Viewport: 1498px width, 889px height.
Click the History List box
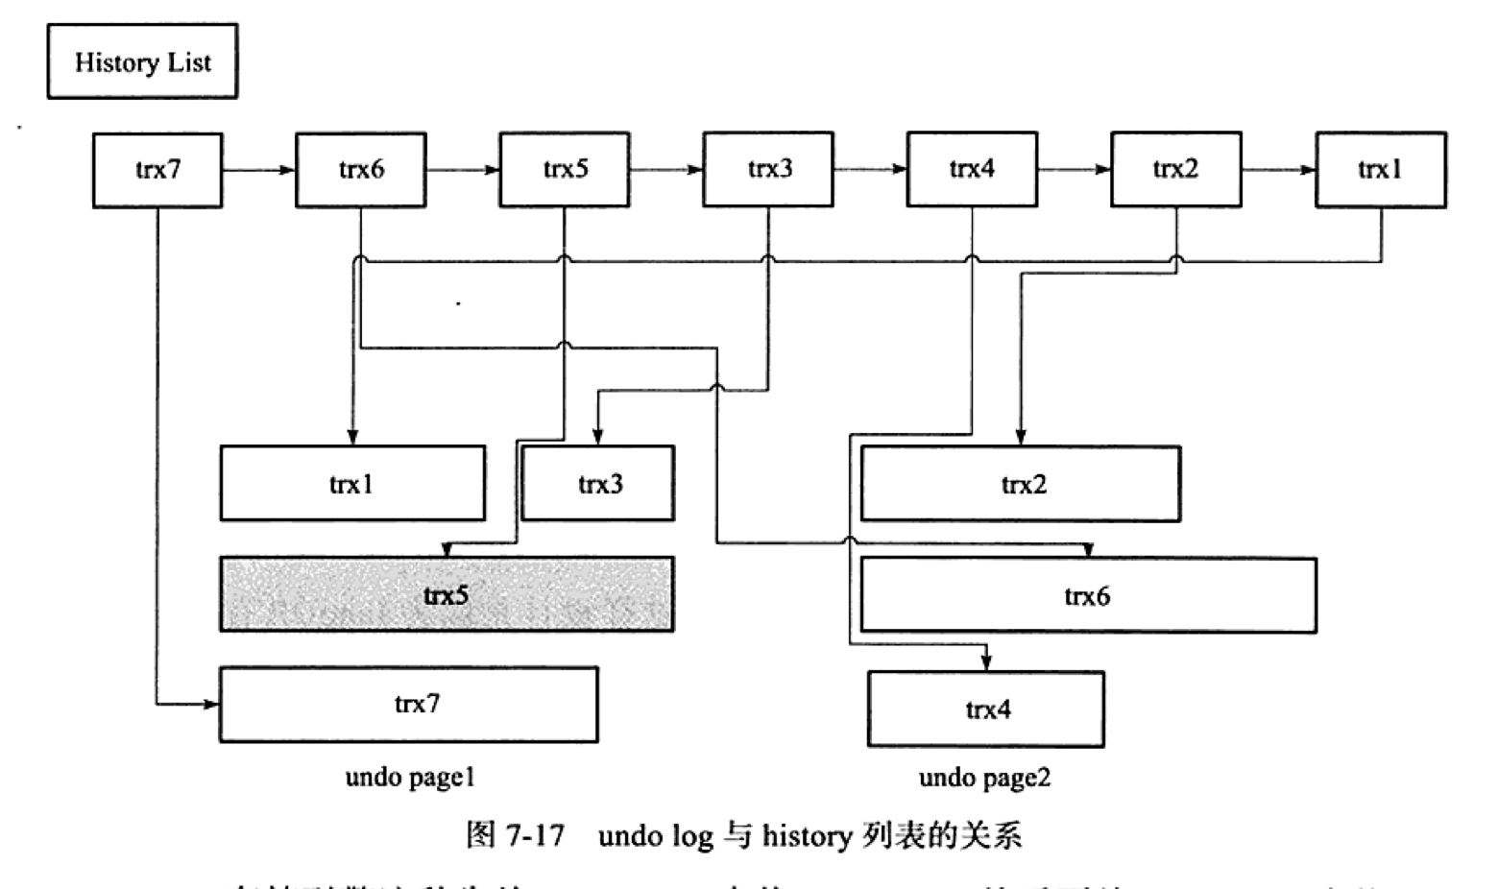142,62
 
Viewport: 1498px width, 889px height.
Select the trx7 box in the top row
157,170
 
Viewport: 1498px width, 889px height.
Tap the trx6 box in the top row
361,170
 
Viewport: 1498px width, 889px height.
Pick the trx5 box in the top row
565,170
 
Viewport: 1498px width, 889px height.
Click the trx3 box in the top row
768,170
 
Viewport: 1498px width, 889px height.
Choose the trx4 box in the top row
972,170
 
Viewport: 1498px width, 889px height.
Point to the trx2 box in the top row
1176,170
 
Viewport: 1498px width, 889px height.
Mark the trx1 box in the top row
1380,170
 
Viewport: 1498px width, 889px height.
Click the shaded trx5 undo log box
447,594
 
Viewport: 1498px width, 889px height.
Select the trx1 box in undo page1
352,483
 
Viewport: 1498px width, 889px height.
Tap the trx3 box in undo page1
598,483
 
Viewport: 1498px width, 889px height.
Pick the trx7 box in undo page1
409,705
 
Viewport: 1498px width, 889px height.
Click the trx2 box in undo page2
1021,484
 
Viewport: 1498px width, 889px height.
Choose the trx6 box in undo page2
1088,595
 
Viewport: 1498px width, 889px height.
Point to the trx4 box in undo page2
986,709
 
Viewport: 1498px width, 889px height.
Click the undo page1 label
410,777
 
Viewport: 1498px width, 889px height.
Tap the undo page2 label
984,777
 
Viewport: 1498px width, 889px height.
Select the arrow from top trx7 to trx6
259,171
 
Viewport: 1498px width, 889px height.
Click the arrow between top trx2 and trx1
1278,171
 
